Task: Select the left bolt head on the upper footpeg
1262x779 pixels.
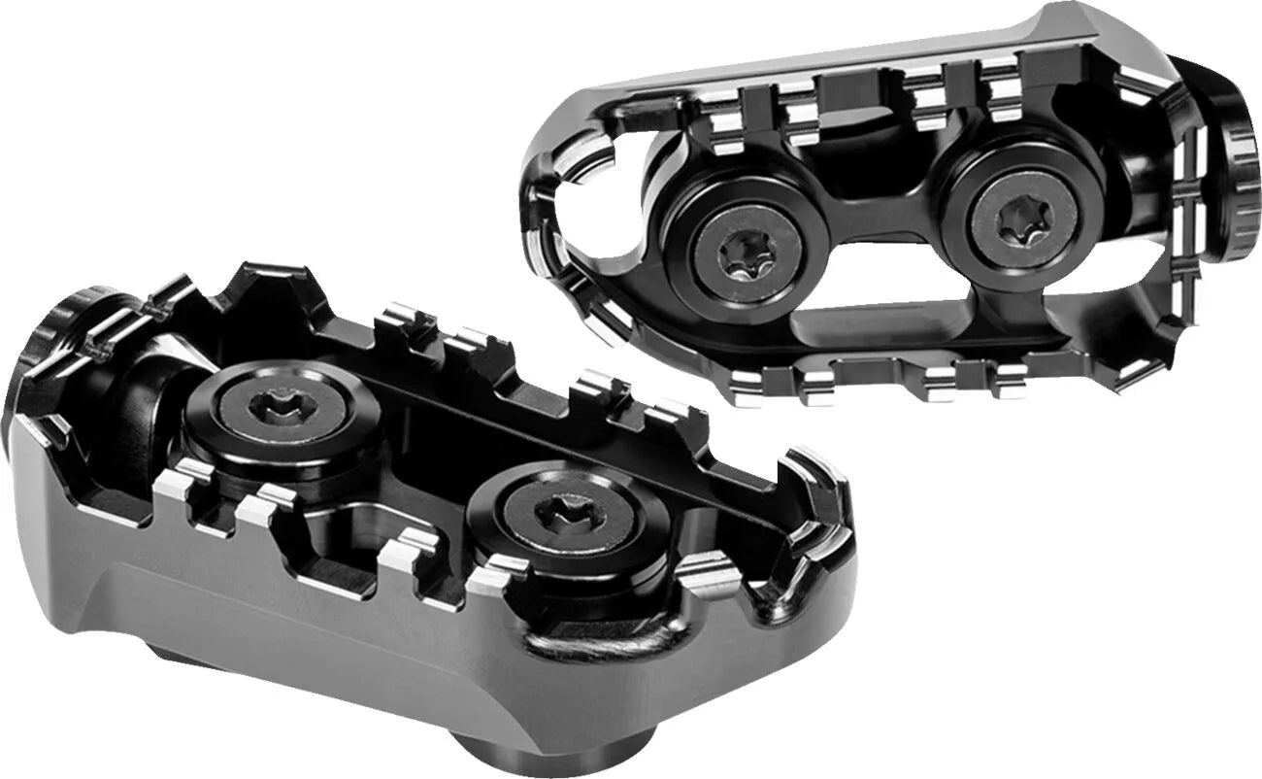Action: click(747, 255)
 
